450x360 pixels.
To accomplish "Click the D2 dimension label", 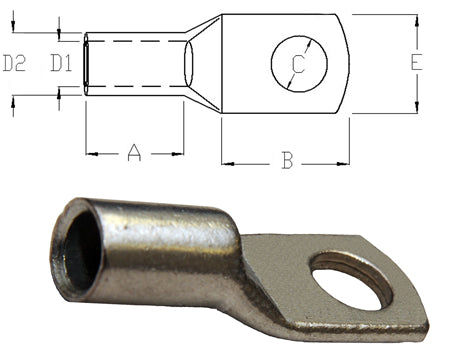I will tap(14, 64).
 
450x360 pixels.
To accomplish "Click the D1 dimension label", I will tap(62, 64).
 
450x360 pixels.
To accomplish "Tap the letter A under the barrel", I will tap(135, 153).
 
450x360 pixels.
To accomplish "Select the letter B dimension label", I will tap(287, 161).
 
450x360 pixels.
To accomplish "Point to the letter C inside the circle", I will tap(298, 65).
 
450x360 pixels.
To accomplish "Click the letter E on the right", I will tap(415, 62).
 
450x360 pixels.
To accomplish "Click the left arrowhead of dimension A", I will tap(91, 153).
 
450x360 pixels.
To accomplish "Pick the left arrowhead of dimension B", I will tap(227, 161).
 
